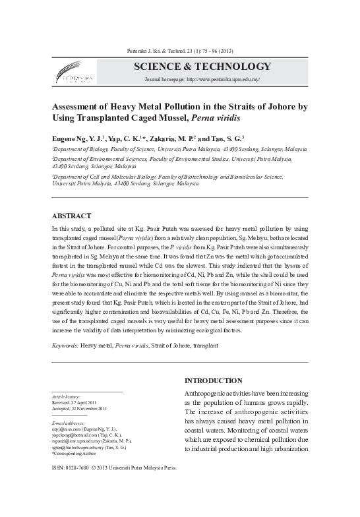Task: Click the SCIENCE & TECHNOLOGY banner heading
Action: click(x=202, y=67)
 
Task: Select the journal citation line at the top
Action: click(x=179, y=51)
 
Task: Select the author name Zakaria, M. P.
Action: click(x=175, y=139)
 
